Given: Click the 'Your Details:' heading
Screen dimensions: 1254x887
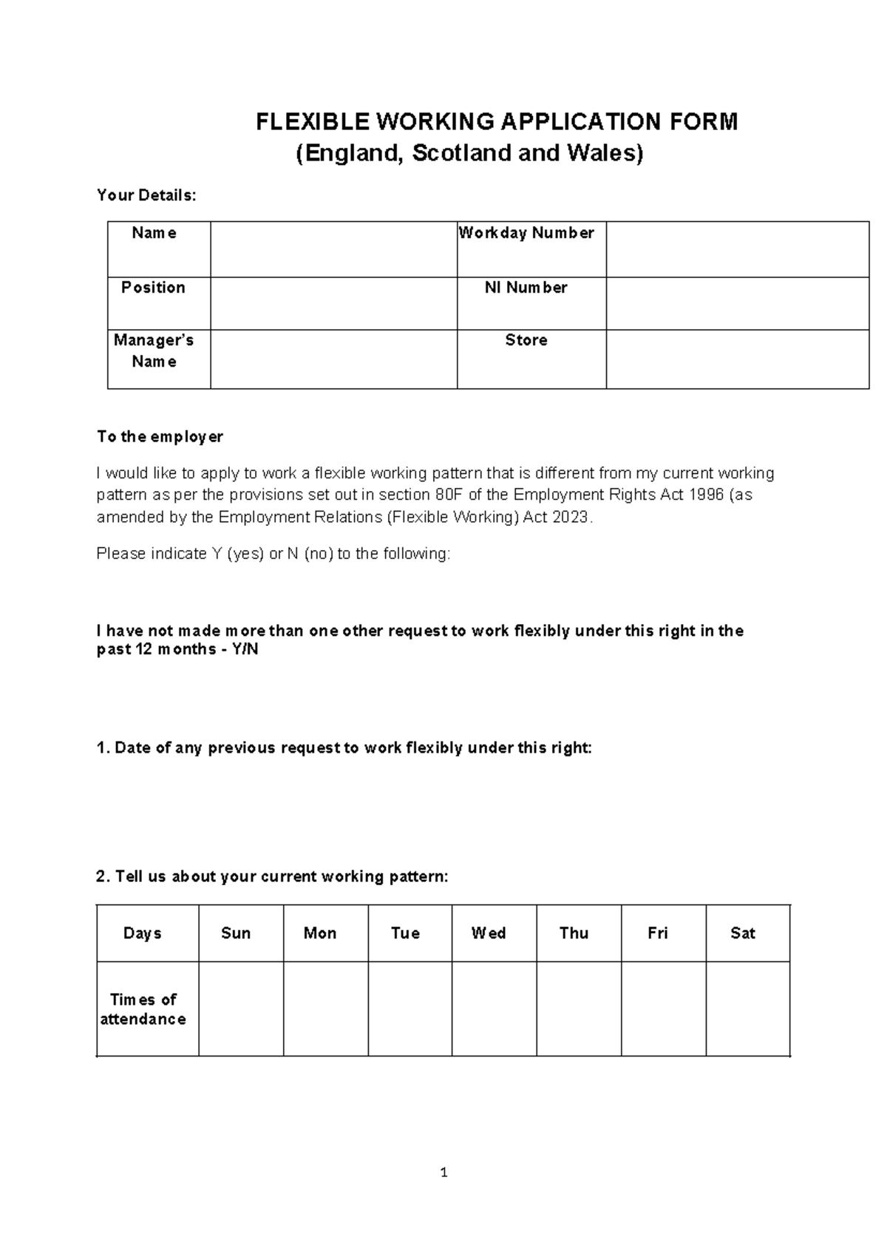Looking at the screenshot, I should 146,195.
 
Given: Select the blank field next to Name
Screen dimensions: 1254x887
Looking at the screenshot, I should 333,249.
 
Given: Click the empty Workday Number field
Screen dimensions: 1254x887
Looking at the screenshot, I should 737,249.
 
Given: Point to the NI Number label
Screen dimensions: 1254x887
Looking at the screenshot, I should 526,288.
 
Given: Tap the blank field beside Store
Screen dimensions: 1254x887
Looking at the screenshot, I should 737,359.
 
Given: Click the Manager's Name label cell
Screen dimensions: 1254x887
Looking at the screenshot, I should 154,351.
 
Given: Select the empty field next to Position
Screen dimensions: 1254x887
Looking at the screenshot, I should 333,303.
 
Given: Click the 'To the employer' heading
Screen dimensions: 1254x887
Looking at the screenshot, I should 160,437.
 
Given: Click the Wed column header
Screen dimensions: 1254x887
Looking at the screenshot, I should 489,933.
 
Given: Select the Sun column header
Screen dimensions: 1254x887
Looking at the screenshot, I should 236,933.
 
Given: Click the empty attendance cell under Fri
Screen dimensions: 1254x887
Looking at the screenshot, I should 663,1009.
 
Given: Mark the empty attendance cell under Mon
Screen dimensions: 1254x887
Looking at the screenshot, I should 325,1009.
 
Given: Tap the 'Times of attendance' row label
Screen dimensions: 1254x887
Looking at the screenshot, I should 143,1009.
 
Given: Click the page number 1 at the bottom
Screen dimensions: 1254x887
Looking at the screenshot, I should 443,1173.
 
